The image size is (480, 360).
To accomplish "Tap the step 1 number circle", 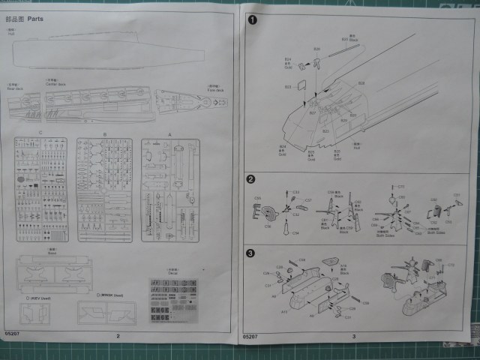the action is (253, 19).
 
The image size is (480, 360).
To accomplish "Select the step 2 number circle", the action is (252, 179).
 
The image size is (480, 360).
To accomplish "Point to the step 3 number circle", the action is (252, 252).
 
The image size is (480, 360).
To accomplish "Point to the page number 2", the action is (118, 336).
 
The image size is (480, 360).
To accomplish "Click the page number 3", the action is (353, 336).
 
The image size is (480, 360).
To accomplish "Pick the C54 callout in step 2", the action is (295, 233).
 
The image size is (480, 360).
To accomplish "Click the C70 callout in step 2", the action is (401, 185).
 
